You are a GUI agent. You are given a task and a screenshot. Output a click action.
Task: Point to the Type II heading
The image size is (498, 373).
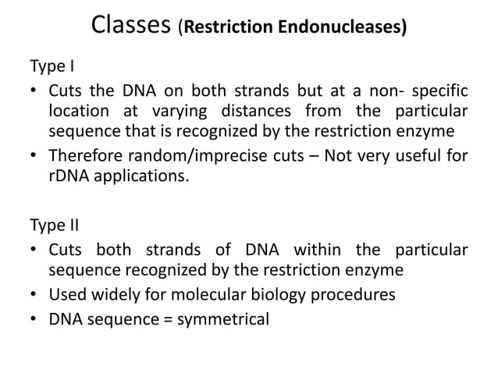click(x=52, y=226)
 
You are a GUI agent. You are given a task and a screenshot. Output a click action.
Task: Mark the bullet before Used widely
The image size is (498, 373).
click(x=34, y=295)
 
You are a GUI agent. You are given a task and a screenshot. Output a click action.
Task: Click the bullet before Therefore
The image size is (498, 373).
click(x=34, y=154)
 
